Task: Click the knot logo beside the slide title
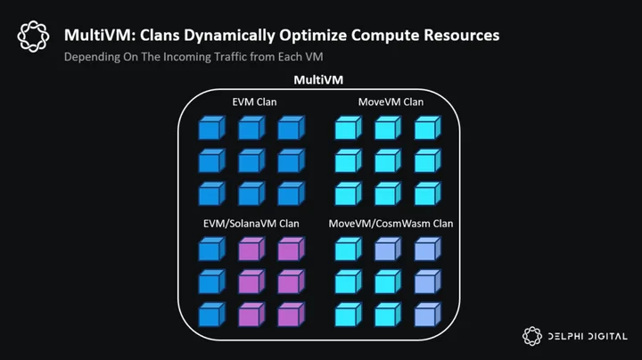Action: [33, 37]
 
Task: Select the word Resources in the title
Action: [462, 35]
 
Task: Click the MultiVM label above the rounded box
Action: [318, 80]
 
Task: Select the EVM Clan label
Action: [254, 102]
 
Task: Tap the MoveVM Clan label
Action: [391, 102]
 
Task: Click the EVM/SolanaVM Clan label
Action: [251, 224]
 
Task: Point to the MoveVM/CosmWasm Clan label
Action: [391, 224]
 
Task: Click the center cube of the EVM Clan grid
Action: [251, 160]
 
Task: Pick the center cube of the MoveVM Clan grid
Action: [388, 160]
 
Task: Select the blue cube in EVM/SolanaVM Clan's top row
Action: [211, 250]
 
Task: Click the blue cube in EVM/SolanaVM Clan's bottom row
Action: [211, 315]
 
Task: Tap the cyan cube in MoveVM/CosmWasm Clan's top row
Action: [348, 250]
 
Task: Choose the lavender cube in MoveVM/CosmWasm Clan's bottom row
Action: [427, 315]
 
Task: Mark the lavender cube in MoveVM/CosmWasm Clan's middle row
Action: [427, 282]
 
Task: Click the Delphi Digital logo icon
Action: [531, 336]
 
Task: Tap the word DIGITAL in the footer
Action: [607, 336]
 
